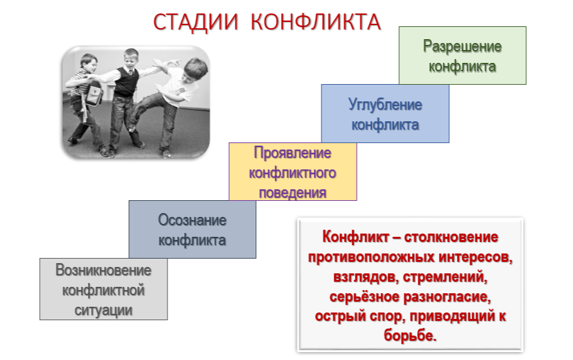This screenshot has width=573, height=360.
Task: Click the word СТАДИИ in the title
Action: (x=196, y=22)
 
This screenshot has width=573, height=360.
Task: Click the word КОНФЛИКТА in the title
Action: (x=316, y=22)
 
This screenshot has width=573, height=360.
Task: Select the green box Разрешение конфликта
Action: (x=462, y=56)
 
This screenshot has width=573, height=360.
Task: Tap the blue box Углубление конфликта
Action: (x=385, y=114)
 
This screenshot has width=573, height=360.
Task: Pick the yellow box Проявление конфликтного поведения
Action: (x=293, y=171)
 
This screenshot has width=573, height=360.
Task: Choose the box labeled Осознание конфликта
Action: (x=192, y=229)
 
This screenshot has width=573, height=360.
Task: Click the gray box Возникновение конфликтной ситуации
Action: (x=103, y=289)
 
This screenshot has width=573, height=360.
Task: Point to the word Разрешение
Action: (x=462, y=46)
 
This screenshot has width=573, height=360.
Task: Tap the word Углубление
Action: (x=385, y=105)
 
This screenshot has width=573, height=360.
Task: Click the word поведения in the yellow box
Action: (x=293, y=193)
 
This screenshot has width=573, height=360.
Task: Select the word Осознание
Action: (x=192, y=220)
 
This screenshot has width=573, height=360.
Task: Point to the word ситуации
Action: (x=103, y=311)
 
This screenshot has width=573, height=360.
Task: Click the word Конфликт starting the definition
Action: (x=355, y=237)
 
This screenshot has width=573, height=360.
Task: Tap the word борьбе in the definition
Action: (x=410, y=335)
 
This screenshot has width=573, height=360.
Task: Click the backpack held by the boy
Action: (x=93, y=93)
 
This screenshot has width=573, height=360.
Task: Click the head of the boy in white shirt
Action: (x=196, y=70)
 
